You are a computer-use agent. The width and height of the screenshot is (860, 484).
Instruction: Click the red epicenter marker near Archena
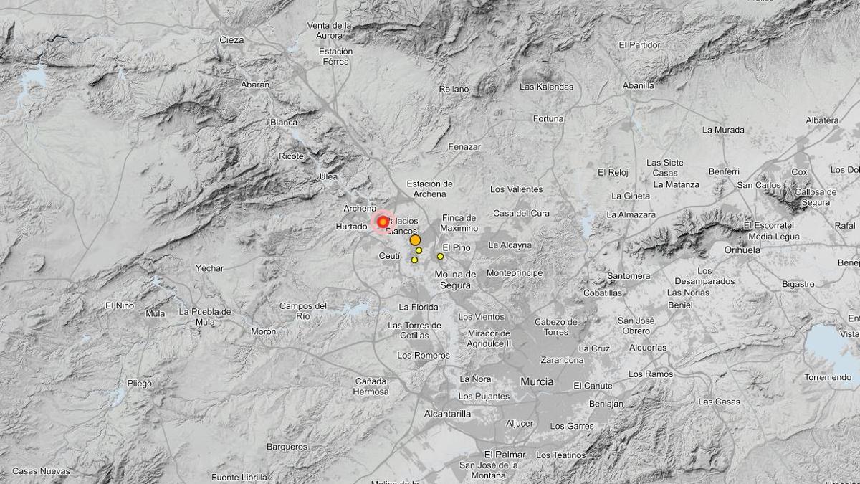383,222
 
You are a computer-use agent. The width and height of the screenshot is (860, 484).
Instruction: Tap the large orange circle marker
415,241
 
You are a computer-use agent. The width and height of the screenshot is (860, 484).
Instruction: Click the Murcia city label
537,382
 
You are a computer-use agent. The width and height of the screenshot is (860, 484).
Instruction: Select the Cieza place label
231,40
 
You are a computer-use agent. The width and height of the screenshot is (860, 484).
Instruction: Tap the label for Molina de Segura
455,280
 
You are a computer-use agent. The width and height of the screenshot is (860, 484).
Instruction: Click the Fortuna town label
548,119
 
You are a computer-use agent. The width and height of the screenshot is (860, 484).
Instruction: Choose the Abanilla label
638,86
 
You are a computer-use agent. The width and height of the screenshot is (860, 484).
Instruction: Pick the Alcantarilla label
447,414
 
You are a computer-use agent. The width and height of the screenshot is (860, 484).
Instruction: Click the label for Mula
155,314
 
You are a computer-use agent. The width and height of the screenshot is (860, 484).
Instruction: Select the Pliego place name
140,384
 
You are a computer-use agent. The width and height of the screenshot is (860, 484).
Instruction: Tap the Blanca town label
284,123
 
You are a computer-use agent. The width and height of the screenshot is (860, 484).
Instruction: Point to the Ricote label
292,156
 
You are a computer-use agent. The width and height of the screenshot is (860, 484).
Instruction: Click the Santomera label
629,276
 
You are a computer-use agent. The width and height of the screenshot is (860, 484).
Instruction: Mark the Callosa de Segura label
816,196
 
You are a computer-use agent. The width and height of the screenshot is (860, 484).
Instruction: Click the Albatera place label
822,120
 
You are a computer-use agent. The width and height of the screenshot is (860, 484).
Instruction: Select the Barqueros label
287,447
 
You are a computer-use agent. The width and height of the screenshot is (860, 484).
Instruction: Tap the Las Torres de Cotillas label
414,330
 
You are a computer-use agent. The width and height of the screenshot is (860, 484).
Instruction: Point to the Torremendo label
828,378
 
